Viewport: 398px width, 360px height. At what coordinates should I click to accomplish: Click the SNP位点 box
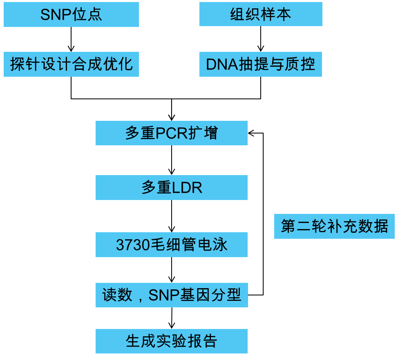(71, 15)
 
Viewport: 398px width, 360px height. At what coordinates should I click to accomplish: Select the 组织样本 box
(261, 14)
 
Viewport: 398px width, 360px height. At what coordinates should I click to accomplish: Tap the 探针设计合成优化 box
(71, 64)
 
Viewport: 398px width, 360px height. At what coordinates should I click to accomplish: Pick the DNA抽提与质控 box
(261, 64)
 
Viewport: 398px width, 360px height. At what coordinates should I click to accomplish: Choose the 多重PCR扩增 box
(172, 133)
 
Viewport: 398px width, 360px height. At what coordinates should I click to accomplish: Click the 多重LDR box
(172, 188)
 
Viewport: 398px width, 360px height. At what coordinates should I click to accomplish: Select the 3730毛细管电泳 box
(172, 245)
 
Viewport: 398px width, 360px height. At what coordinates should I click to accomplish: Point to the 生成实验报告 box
(172, 341)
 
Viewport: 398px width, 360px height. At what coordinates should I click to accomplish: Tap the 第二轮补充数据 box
(334, 226)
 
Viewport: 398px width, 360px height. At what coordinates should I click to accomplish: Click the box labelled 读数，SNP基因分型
(172, 295)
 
